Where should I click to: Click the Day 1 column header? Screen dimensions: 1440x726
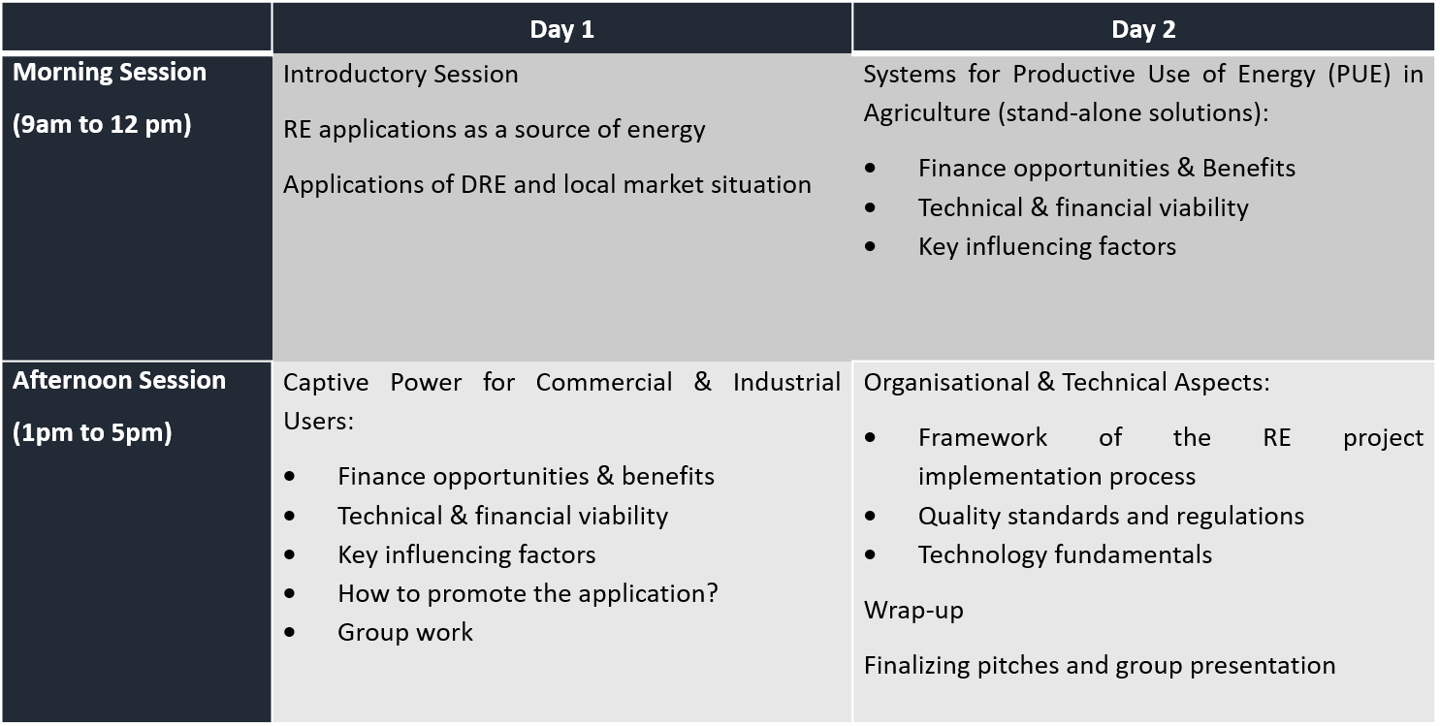tap(561, 29)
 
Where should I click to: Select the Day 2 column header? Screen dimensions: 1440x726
tap(1143, 29)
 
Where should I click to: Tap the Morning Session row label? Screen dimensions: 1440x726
tap(110, 72)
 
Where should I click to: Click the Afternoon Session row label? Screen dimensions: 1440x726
tap(119, 380)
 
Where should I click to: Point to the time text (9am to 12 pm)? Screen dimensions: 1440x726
tap(102, 124)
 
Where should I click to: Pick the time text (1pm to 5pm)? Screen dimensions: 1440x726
tap(92, 432)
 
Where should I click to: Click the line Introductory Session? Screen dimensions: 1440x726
tap(400, 75)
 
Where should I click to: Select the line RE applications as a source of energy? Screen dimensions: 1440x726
tap(494, 130)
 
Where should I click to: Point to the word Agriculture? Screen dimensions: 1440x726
tap(927, 113)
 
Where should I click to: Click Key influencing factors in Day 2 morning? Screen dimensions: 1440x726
tap(1047, 247)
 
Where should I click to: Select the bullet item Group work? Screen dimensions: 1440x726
tap(405, 632)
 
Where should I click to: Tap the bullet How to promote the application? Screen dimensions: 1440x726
tap(528, 593)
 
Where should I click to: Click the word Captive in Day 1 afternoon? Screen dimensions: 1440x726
tap(326, 383)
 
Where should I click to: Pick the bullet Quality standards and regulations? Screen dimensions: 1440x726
tap(1111, 516)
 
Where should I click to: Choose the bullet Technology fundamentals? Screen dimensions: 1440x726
tap(1066, 555)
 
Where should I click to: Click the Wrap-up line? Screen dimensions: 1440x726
tap(913, 611)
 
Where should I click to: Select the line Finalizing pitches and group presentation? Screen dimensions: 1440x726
tap(1100, 666)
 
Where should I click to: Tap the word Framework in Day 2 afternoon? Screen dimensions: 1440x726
tap(982, 437)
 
